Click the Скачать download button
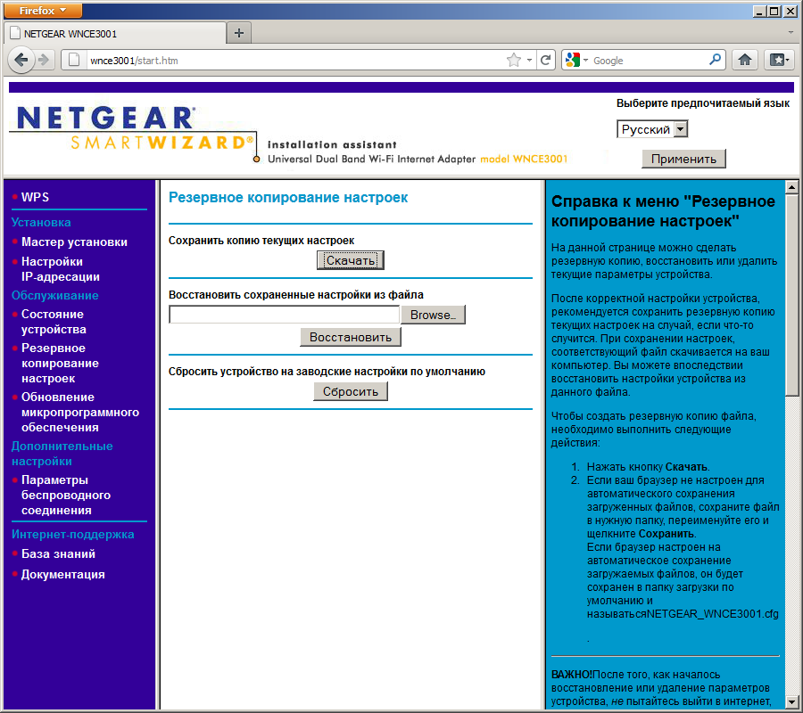click(x=351, y=260)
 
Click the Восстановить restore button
click(x=351, y=337)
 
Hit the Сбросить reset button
click(x=351, y=391)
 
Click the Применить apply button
click(x=683, y=159)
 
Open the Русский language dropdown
click(x=652, y=129)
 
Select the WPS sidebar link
click(x=36, y=196)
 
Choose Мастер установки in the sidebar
click(x=74, y=242)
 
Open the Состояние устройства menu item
click(x=53, y=322)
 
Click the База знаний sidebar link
click(x=58, y=553)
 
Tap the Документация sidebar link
click(x=62, y=574)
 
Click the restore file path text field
click(x=284, y=315)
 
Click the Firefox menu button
click(x=43, y=10)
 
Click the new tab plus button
click(x=238, y=33)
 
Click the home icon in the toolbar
click(x=745, y=60)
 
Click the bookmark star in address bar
click(x=514, y=61)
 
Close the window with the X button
click(x=790, y=10)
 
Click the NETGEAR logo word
click(x=105, y=119)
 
